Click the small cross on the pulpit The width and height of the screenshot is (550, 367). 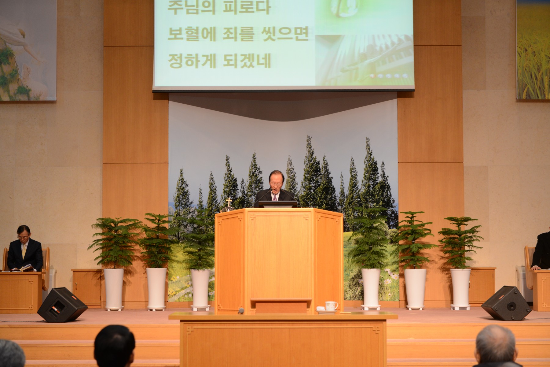229,202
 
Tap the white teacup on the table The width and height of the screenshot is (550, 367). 331,306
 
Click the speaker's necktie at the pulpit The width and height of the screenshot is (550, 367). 274,197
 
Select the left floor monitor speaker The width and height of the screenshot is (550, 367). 62,305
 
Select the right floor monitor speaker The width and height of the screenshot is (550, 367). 506,303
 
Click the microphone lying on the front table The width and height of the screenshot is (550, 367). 241,311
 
